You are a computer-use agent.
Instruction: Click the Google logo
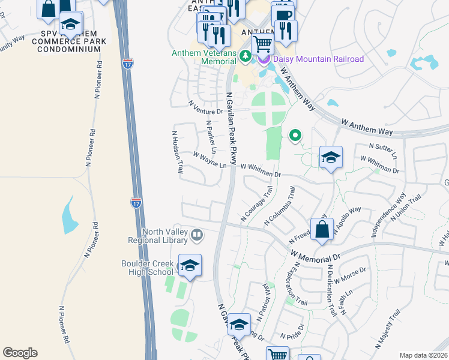[20, 353]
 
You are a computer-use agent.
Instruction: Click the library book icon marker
[197, 235]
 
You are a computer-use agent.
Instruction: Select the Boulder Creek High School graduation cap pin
[190, 266]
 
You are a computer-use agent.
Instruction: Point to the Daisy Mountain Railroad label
[319, 59]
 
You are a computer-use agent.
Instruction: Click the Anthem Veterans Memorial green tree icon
[245, 56]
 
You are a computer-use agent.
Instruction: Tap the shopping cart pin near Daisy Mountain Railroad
[262, 44]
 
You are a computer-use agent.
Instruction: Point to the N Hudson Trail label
[177, 152]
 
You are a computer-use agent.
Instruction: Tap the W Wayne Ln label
[210, 158]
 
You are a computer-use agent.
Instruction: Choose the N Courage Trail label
[257, 203]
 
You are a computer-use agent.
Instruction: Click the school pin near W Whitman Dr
[331, 158]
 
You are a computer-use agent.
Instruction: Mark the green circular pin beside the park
[295, 136]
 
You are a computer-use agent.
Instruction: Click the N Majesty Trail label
[388, 329]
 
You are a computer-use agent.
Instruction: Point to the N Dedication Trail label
[331, 290]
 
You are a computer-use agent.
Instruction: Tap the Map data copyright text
[423, 355]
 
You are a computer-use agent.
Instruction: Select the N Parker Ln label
[210, 137]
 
